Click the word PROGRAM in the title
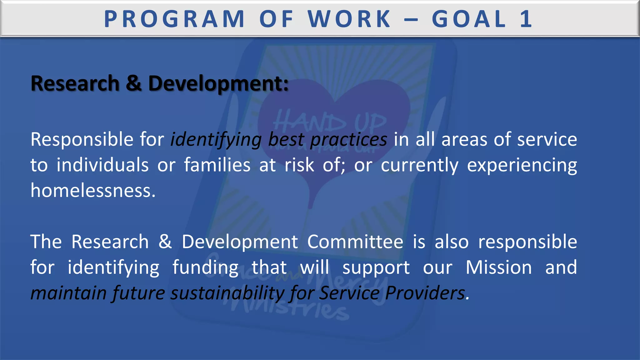pos(174,19)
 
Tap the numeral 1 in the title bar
pos(526,19)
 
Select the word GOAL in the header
pos(469,19)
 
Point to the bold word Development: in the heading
pos(218,84)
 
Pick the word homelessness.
pos(93,190)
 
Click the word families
pos(217,165)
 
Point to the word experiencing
pos(522,165)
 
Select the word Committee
pos(355,242)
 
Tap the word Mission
pos(499,267)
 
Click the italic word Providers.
pos(427,293)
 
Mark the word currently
pos(419,165)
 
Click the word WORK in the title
pos(349,19)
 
